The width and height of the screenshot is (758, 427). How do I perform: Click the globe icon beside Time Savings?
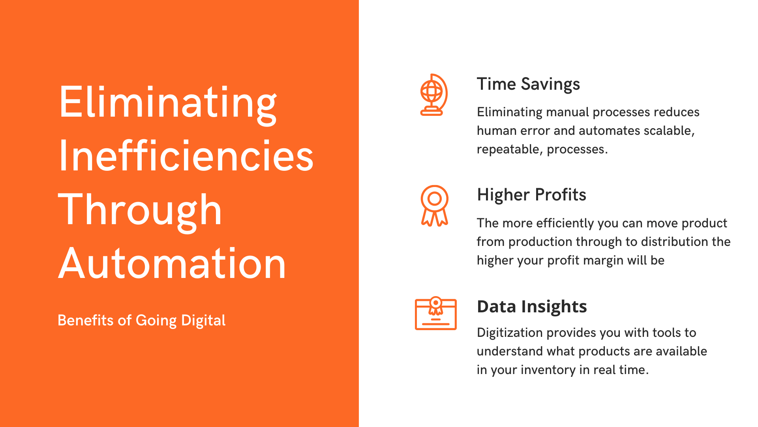433,95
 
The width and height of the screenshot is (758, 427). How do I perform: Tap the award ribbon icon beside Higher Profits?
434,206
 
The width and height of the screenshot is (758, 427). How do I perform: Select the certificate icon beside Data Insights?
435,314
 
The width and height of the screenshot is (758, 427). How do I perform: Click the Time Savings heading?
528,84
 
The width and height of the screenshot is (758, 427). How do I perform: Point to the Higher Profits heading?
531,195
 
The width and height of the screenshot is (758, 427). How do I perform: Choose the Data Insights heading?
532,306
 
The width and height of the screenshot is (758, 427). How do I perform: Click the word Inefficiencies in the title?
186,157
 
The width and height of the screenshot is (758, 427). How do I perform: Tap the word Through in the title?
140,210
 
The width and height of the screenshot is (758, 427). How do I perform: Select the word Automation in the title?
172,264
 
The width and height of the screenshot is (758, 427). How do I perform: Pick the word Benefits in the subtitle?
86,320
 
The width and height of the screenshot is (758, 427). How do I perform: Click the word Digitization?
510,333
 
